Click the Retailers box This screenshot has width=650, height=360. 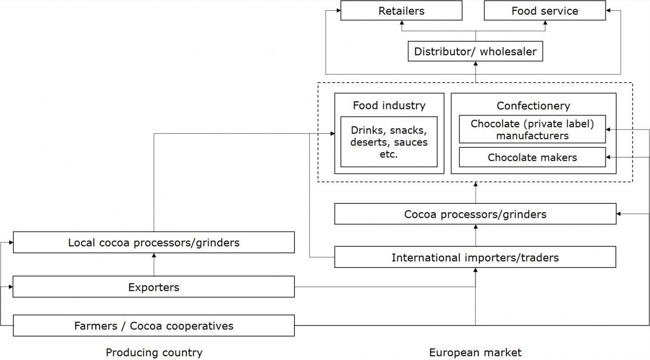coord(401,10)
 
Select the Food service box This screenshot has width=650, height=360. coord(545,10)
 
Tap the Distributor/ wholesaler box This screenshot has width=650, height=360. coord(476,51)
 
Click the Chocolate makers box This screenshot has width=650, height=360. coord(532,157)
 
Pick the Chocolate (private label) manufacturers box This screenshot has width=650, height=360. coord(532,129)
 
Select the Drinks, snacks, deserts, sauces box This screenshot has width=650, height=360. coord(389,142)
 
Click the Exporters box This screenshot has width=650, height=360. coord(153,287)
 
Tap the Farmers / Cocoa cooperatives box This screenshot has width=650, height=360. coord(153,326)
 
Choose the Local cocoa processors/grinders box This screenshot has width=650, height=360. coord(153,243)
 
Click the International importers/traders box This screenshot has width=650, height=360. coord(475,257)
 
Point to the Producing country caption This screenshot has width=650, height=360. coord(154,352)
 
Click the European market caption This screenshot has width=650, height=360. coord(475,352)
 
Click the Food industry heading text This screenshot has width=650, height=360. coord(389,106)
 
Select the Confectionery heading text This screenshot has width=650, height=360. coord(534,106)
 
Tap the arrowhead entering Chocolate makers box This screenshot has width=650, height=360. coord(608,157)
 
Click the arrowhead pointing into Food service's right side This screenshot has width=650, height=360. coord(608,10)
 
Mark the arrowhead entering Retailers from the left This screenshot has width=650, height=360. coord(339,10)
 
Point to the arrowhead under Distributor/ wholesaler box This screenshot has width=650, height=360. coord(476,63)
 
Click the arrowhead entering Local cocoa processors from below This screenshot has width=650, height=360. coord(154,256)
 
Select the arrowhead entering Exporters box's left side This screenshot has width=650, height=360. coord(11,287)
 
